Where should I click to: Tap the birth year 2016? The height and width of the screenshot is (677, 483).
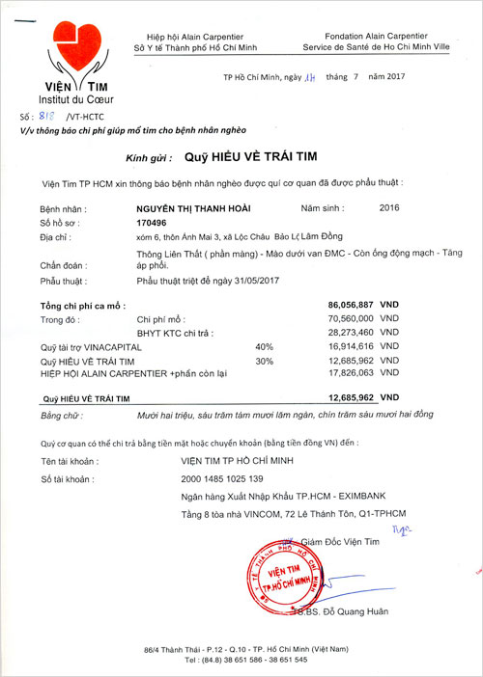[389, 207]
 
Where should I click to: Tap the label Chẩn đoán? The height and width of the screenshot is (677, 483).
[61, 264]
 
